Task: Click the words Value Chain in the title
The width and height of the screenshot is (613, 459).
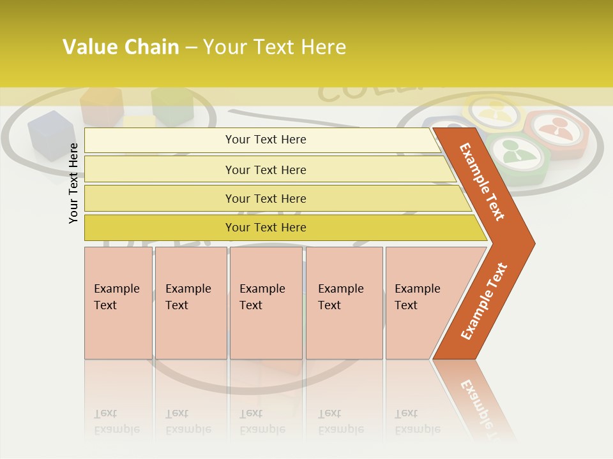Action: click(x=121, y=47)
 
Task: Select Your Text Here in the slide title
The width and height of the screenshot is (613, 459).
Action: click(x=275, y=47)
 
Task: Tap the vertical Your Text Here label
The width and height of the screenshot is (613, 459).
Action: click(x=73, y=184)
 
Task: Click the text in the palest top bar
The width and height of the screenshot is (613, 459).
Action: click(x=266, y=140)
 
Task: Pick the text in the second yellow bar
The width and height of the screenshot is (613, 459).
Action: click(x=266, y=170)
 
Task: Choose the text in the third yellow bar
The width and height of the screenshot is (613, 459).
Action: click(x=266, y=198)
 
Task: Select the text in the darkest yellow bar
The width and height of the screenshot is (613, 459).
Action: click(x=266, y=228)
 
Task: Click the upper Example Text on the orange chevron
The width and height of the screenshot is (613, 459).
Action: click(x=483, y=182)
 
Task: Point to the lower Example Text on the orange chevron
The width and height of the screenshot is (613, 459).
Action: click(x=483, y=302)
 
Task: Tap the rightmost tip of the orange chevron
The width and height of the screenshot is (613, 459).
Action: click(x=533, y=243)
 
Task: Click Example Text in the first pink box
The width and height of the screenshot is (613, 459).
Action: click(x=116, y=296)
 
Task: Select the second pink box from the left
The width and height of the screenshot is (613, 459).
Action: click(x=191, y=303)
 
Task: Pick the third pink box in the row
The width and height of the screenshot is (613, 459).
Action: click(x=266, y=303)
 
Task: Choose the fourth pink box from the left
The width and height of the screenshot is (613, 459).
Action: click(x=344, y=303)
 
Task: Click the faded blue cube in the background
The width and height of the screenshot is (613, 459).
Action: click(x=50, y=133)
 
